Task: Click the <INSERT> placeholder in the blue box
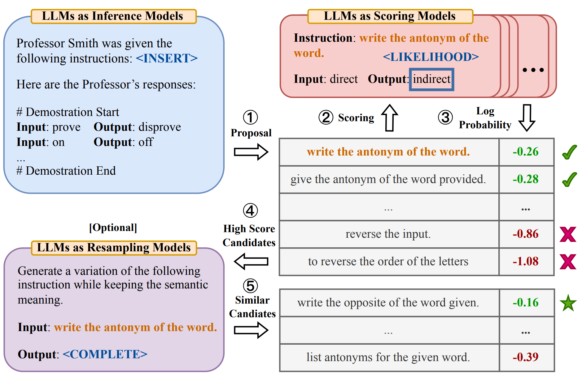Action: [x=167, y=58]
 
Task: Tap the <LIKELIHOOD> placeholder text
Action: [x=431, y=57]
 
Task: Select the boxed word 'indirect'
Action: [x=431, y=79]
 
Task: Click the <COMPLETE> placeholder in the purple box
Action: [x=105, y=354]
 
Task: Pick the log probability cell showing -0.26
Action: [x=526, y=152]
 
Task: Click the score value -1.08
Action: [x=526, y=262]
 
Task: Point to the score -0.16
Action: [x=526, y=303]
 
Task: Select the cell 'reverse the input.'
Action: [x=388, y=234]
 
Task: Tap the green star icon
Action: [x=568, y=303]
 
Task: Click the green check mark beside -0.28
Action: [x=569, y=180]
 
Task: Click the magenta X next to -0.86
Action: [x=568, y=234]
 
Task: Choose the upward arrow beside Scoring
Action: [x=389, y=118]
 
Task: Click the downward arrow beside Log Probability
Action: [x=527, y=118]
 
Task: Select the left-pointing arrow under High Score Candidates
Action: [x=251, y=262]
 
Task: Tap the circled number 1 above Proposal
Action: [x=250, y=117]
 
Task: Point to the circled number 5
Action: [x=250, y=286]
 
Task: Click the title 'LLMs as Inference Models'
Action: [x=113, y=16]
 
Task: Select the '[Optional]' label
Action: [x=113, y=228]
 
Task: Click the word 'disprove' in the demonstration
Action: [x=160, y=127]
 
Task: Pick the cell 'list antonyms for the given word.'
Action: [x=388, y=357]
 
